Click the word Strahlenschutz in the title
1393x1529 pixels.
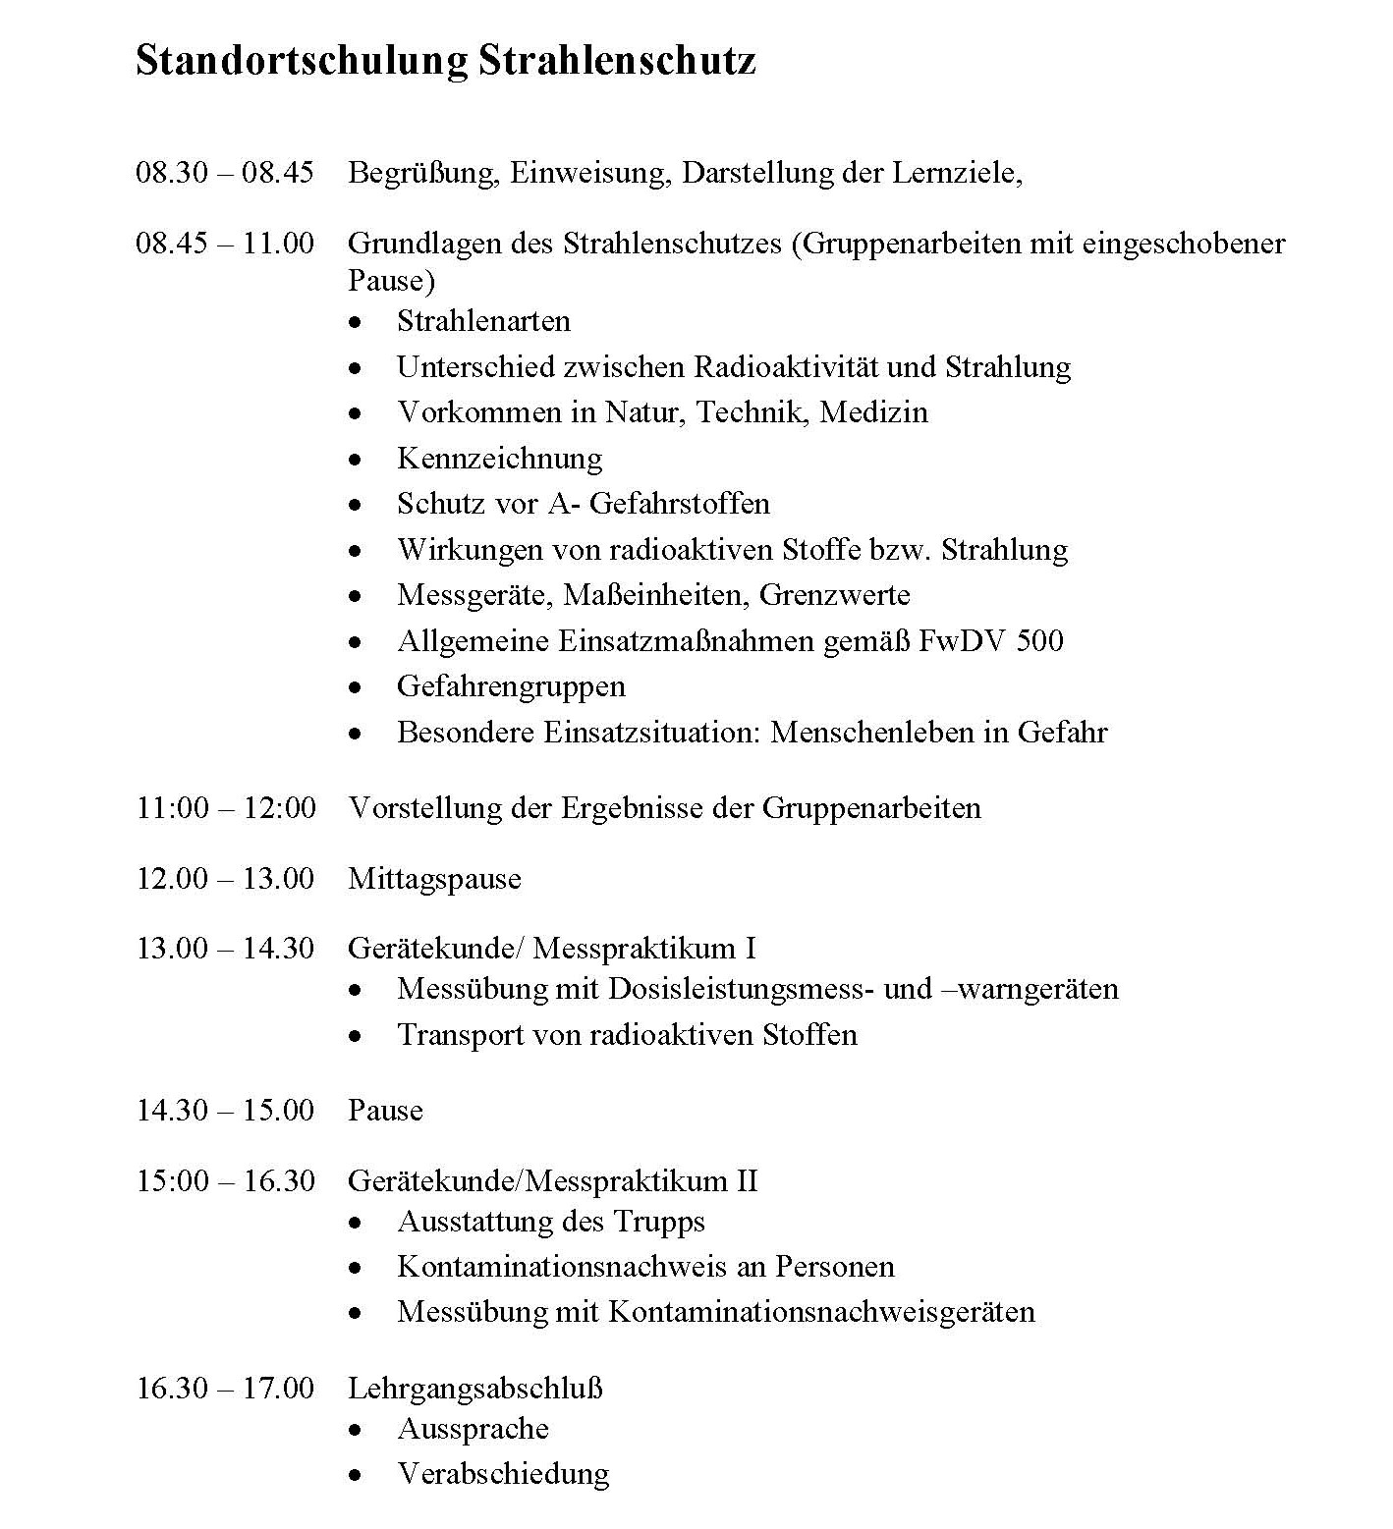point(617,61)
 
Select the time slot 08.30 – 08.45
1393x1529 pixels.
point(225,174)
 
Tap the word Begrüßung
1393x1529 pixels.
point(424,174)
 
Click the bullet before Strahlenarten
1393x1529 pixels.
point(356,322)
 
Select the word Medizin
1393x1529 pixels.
point(873,412)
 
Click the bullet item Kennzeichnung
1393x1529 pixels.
point(499,459)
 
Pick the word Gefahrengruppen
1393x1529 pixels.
point(511,686)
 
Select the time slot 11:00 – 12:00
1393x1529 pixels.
point(226,808)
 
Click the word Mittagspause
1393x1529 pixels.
point(434,879)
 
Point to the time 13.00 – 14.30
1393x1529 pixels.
point(225,949)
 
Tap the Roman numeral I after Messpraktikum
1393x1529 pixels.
point(751,949)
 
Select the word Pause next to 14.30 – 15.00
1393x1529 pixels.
point(385,1111)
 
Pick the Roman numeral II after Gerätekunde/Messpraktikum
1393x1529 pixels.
point(747,1180)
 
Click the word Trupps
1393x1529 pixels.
point(659,1222)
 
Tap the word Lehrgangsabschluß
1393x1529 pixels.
point(474,1389)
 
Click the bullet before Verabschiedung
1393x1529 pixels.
point(356,1475)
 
